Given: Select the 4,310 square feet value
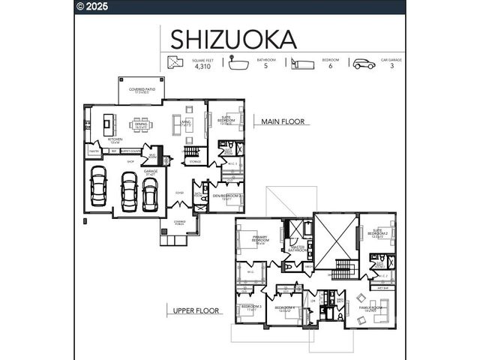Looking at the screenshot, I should [x=202, y=67].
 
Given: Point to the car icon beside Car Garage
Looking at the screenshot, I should [x=364, y=63].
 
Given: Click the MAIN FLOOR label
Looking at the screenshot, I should [x=283, y=121].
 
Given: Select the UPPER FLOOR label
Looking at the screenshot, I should [x=196, y=310].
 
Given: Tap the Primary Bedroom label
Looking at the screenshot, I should [x=260, y=239].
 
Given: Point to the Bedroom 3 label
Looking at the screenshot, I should [x=250, y=307].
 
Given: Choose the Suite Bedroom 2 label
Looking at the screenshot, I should [x=377, y=233].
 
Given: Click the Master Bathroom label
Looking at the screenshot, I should [x=297, y=248].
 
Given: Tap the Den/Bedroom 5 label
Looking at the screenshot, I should [x=227, y=196].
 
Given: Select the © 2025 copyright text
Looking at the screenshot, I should [x=93, y=7].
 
